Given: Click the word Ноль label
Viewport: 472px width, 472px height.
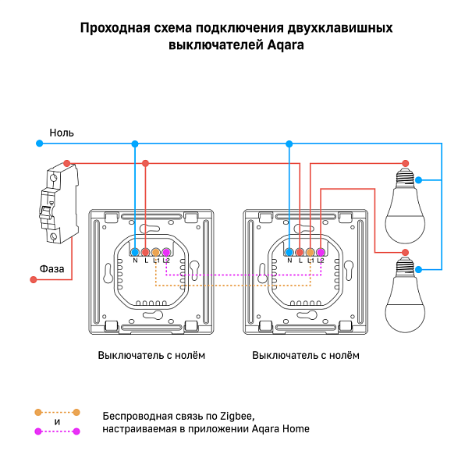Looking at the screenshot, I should [x=62, y=133].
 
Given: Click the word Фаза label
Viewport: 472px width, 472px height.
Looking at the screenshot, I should [x=52, y=268].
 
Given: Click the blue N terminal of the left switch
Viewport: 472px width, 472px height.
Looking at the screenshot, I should [x=135, y=252].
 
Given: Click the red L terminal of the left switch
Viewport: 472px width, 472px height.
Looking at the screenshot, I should [x=145, y=252].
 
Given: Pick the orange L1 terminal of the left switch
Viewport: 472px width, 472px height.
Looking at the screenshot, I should [x=155, y=252].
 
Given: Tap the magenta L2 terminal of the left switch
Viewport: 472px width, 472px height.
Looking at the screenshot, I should [x=165, y=252].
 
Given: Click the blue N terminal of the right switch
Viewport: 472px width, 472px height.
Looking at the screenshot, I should [x=289, y=252].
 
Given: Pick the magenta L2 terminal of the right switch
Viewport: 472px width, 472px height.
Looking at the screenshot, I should [x=320, y=252].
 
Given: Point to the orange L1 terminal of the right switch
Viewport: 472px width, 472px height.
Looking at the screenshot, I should [x=310, y=252].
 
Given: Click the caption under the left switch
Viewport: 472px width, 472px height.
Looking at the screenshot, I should [x=152, y=356].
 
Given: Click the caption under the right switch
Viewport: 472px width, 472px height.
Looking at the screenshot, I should [x=307, y=356].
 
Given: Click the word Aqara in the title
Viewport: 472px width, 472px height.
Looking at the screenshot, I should [x=286, y=45].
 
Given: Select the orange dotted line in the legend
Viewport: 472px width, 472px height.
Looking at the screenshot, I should [x=57, y=411].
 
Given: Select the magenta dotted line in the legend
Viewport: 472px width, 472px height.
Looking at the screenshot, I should [x=57, y=431].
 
